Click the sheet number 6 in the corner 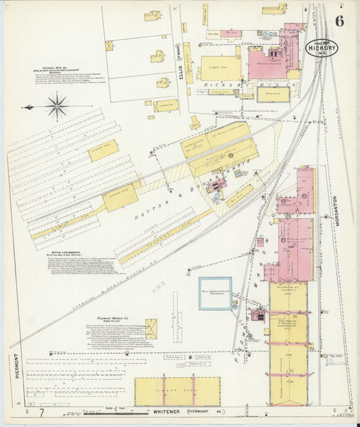pos(338,21)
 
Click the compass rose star pos(57,107)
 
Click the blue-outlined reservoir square pos(215,293)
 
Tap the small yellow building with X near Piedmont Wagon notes pos(151,328)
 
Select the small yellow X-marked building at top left pos(109,46)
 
